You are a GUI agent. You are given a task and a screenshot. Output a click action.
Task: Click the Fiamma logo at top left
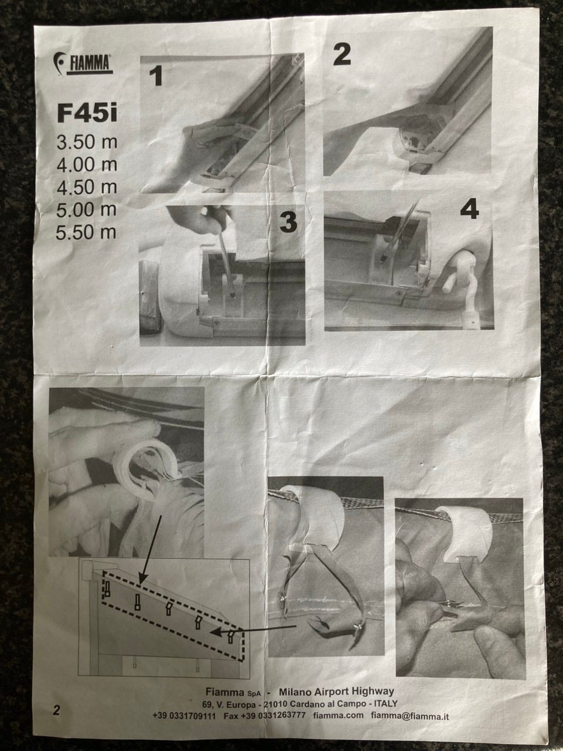click(83, 63)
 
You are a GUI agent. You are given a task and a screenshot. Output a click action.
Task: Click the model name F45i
click(87, 113)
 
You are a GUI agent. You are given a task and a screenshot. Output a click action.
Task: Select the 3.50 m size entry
click(87, 142)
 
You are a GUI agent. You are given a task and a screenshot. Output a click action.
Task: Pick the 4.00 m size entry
click(87, 164)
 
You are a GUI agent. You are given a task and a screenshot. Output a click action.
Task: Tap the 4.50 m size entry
click(87, 187)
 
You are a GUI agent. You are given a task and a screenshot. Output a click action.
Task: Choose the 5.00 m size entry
click(86, 209)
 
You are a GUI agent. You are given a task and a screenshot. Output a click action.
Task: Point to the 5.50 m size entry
click(86, 232)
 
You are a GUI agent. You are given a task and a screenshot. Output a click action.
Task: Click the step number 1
click(156, 76)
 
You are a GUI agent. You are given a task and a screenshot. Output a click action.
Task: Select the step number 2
click(342, 55)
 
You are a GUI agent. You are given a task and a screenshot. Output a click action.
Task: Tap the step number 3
click(288, 222)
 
